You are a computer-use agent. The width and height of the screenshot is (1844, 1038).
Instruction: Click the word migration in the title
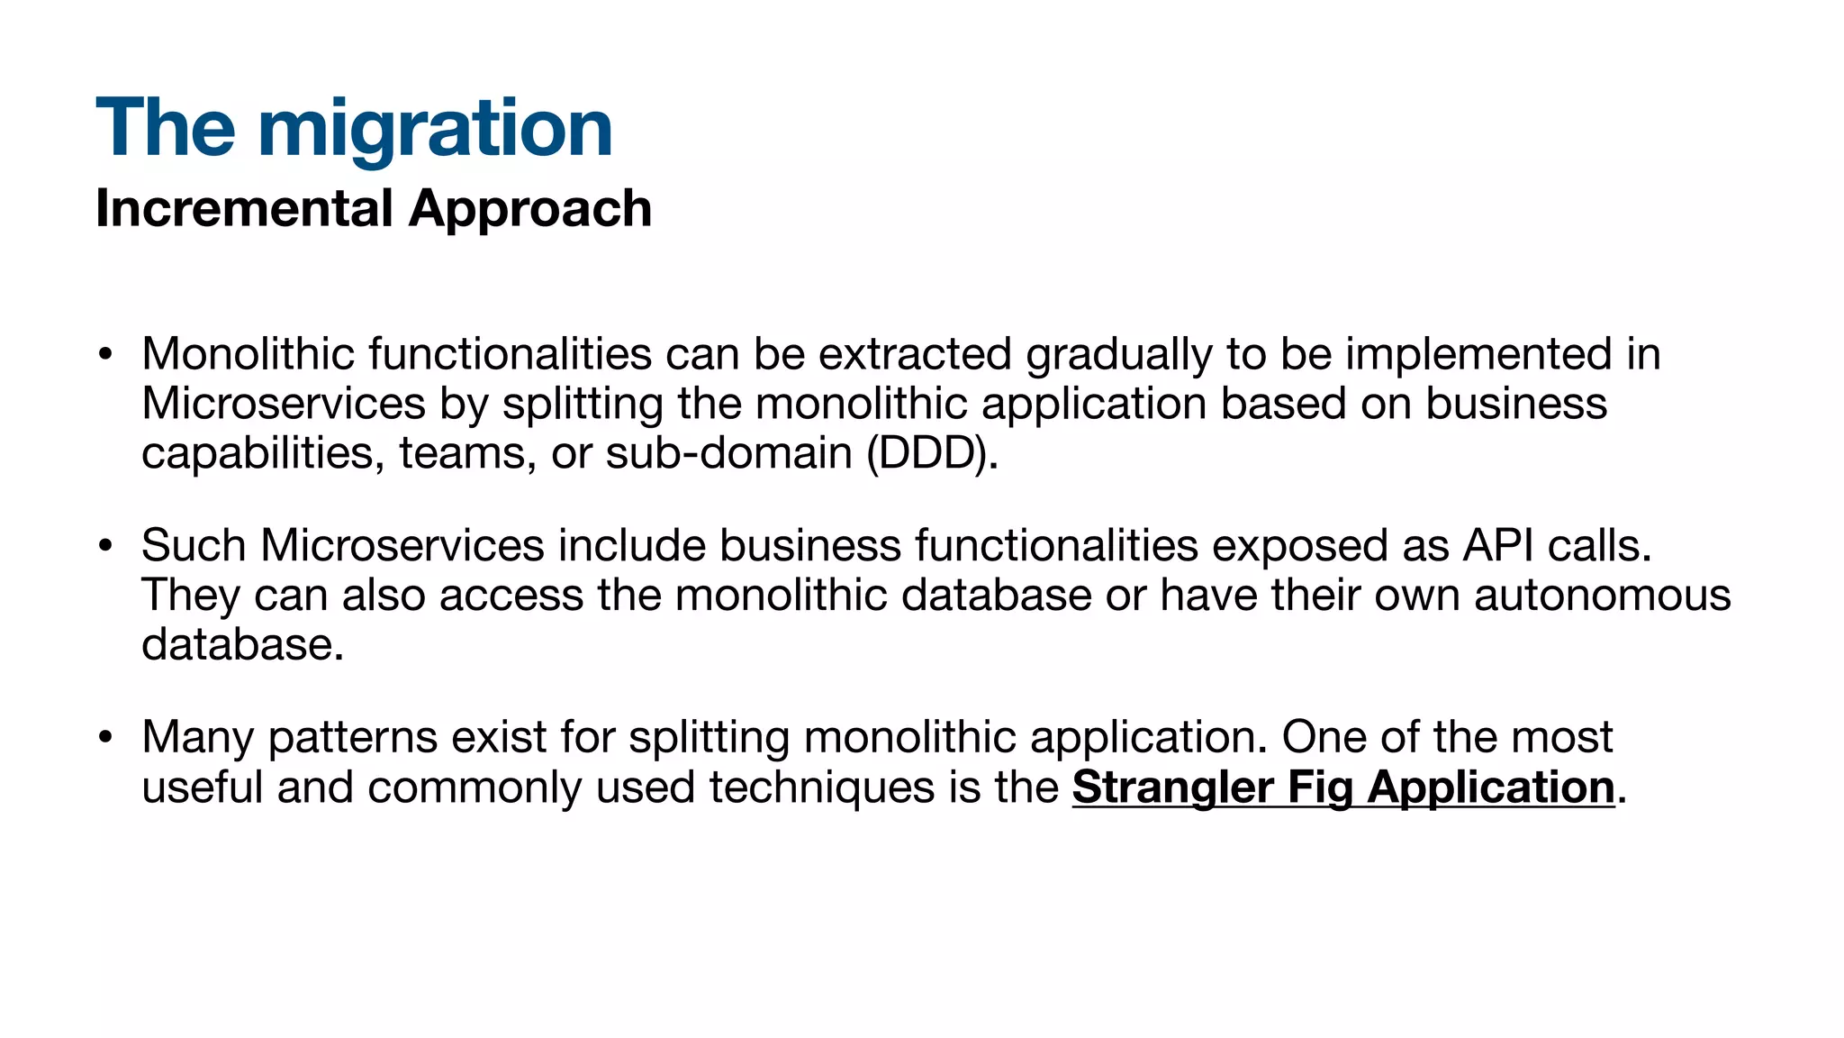(435, 129)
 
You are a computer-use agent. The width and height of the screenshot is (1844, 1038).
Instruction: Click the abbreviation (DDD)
(931, 453)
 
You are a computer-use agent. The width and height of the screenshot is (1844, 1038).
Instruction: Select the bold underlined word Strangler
(1172, 788)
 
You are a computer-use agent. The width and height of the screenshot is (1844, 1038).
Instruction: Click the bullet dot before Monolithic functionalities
(106, 354)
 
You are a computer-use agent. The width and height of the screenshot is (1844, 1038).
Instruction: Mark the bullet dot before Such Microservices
(106, 546)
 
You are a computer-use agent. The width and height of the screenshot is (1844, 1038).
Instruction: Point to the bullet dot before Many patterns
(106, 738)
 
